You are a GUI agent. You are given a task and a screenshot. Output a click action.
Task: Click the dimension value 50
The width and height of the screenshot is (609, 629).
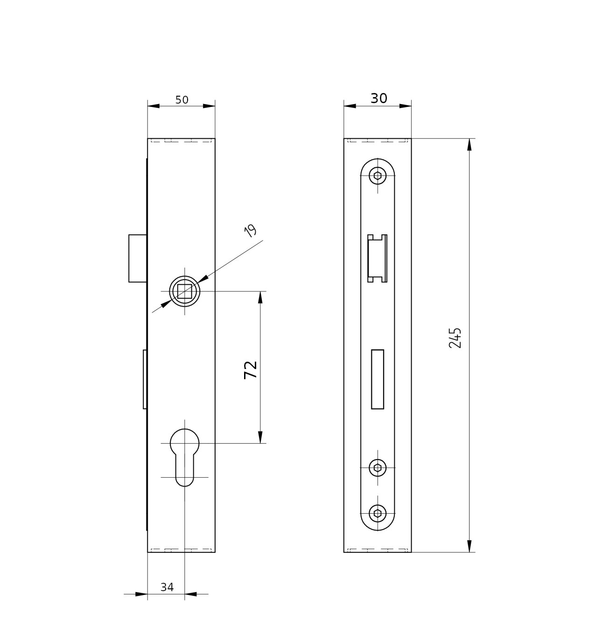[x=182, y=100]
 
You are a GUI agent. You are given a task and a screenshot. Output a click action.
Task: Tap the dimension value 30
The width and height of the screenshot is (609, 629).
[x=378, y=98]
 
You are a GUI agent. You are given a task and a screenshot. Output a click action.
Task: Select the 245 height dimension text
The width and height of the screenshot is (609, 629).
[x=455, y=338]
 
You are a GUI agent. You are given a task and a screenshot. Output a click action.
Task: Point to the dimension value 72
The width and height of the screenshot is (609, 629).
[x=251, y=370]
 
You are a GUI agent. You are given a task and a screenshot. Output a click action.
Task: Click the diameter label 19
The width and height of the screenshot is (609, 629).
[x=251, y=231]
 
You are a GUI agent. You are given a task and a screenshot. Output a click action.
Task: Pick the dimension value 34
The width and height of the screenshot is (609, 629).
[x=167, y=587]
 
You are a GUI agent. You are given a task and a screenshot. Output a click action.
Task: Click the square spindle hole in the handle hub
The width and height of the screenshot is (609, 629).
[x=184, y=291]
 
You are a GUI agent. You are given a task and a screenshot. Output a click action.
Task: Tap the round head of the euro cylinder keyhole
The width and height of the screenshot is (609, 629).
[x=184, y=443]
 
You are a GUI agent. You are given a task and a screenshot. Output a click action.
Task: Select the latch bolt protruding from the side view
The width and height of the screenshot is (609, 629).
[x=138, y=258]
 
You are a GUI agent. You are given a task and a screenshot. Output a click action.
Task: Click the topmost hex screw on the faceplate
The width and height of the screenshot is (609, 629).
[x=378, y=176]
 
